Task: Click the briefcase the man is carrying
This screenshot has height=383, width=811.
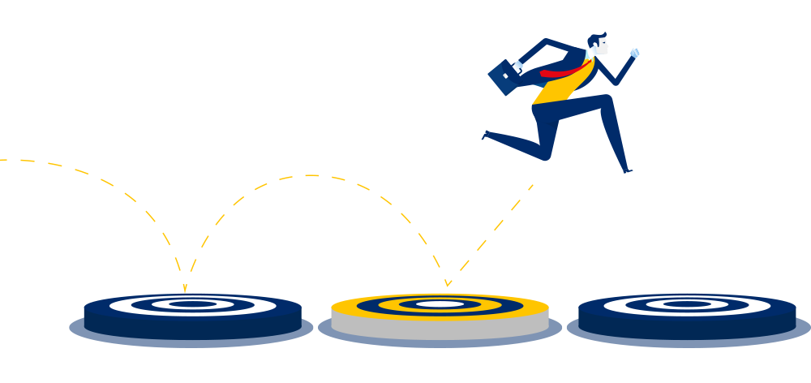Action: click(502, 78)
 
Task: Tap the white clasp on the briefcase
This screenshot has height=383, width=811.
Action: click(505, 75)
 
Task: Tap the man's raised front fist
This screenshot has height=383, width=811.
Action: click(634, 53)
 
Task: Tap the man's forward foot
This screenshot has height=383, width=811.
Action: click(628, 170)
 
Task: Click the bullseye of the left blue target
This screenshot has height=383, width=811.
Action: click(193, 304)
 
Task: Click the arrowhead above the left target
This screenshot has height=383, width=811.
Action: click(185, 288)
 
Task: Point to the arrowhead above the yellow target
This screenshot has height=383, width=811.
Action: click(447, 283)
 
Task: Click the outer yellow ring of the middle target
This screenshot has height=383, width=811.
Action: click(349, 308)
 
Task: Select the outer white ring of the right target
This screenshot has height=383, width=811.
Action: click(616, 305)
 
